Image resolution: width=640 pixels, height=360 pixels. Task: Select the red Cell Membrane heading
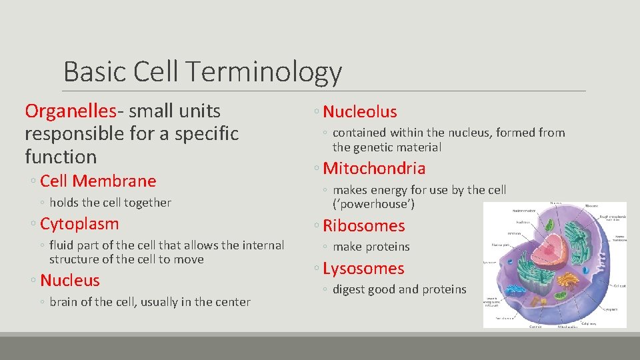(x=98, y=181)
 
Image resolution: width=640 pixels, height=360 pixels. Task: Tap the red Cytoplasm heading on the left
(x=79, y=224)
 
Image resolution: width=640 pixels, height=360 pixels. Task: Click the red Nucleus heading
(x=70, y=281)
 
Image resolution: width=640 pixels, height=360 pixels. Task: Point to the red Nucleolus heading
(x=360, y=112)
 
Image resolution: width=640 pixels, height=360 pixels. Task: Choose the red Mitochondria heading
(x=374, y=169)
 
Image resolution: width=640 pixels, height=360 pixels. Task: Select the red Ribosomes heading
(x=364, y=226)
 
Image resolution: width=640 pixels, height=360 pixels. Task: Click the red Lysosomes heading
(x=363, y=269)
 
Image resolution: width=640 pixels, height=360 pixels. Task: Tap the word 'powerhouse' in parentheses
(x=373, y=204)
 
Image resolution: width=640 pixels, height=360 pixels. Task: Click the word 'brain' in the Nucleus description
(x=63, y=302)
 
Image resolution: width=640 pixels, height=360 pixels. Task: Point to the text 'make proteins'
(x=371, y=247)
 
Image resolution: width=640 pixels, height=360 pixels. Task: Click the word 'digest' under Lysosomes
(x=350, y=289)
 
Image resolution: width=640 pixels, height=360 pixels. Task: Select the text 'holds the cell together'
(x=110, y=203)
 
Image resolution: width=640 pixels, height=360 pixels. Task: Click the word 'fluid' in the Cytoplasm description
(x=61, y=245)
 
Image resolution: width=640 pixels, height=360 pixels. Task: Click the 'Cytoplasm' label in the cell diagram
(x=611, y=310)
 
